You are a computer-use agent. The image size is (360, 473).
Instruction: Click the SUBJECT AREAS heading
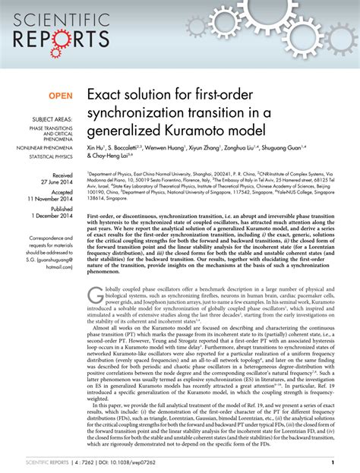pos(52,121)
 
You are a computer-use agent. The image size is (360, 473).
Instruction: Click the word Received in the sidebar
pos(62,175)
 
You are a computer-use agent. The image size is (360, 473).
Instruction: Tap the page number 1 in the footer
pos(332,462)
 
